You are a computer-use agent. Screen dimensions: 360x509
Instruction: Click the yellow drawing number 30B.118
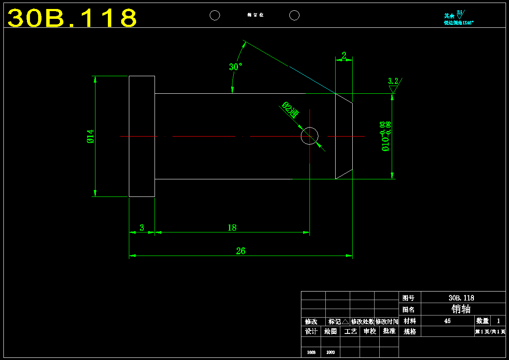pyautogui.click(x=72, y=18)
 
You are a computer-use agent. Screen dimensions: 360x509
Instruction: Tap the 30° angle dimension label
pyautogui.click(x=235, y=67)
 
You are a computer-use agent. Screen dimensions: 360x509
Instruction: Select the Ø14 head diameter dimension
pyautogui.click(x=90, y=136)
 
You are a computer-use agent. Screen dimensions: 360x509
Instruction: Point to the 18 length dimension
pyautogui.click(x=232, y=228)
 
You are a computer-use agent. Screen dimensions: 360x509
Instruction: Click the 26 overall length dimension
pyautogui.click(x=241, y=251)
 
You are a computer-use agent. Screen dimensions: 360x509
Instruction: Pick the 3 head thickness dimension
pyautogui.click(x=142, y=228)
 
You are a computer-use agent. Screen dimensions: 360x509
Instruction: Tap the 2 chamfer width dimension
pyautogui.click(x=344, y=56)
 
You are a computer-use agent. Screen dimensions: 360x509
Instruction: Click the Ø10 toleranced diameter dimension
pyautogui.click(x=385, y=136)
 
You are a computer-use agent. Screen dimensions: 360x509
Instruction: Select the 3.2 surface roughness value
pyautogui.click(x=393, y=81)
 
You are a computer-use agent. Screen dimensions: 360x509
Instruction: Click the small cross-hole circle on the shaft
pyautogui.click(x=310, y=136)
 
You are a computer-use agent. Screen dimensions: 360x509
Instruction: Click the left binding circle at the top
pyautogui.click(x=214, y=15)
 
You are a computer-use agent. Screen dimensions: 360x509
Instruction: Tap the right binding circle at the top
pyautogui.click(x=294, y=15)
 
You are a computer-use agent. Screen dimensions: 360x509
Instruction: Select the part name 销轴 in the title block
pyautogui.click(x=461, y=309)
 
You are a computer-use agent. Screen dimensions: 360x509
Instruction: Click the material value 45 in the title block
pyautogui.click(x=447, y=321)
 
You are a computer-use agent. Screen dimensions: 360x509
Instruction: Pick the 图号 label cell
pyautogui.click(x=409, y=298)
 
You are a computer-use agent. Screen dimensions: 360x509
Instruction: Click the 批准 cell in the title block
pyautogui.click(x=389, y=331)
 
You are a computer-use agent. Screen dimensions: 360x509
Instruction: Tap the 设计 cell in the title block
pyautogui.click(x=311, y=331)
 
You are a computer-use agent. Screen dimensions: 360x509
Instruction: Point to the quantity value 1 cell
pyautogui.click(x=498, y=321)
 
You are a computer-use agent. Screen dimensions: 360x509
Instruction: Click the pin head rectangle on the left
pyautogui.click(x=142, y=136)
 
